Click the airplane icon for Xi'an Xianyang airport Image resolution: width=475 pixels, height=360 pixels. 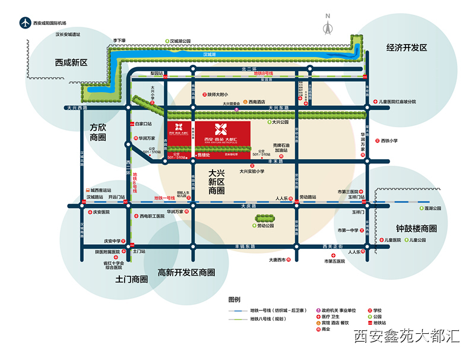pos(24,23)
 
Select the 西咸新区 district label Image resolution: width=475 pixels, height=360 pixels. pos(71,62)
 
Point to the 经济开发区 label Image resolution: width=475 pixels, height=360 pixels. pos(407,48)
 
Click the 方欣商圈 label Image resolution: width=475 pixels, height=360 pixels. pos(98,132)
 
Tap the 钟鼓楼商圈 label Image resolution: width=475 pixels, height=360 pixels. pos(416,228)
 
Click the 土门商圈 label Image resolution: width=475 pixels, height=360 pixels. pos(131,279)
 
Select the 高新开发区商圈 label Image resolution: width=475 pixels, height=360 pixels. pos(186,272)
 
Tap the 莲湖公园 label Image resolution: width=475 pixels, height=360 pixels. pos(433,209)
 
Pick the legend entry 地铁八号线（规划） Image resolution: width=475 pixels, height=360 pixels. pos(271,319)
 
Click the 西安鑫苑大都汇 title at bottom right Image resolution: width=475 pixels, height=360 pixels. pos(406,336)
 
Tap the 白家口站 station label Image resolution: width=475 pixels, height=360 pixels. pos(144,124)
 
